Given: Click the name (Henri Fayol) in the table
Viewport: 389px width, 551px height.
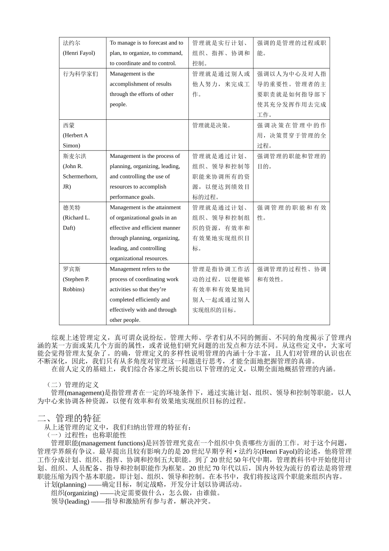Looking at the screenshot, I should point(79,53).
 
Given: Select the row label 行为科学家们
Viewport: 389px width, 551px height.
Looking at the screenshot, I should point(80,74).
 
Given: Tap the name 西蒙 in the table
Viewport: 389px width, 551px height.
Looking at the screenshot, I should point(69,125).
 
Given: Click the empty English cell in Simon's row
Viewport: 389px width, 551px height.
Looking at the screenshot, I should point(147,135).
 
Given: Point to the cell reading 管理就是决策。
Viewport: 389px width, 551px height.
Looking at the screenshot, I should point(212,125).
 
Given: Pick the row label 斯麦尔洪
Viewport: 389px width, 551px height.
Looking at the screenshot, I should point(75,156).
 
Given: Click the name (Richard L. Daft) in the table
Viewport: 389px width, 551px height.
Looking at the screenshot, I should point(76,223).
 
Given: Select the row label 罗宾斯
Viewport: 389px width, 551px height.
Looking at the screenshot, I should point(72,269).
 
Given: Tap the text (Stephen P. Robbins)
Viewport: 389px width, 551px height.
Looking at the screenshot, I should point(76,284).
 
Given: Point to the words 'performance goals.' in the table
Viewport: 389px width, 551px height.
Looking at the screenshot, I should point(132,197).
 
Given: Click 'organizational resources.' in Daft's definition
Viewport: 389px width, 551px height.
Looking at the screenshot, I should point(139,258).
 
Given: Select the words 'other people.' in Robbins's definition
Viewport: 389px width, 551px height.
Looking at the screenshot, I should point(125,320).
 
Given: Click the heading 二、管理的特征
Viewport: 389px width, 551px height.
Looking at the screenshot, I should point(69,418).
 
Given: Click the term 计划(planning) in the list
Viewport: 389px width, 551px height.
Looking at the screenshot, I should point(65,485).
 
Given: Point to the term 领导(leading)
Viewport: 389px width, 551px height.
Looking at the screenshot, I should point(70,501).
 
